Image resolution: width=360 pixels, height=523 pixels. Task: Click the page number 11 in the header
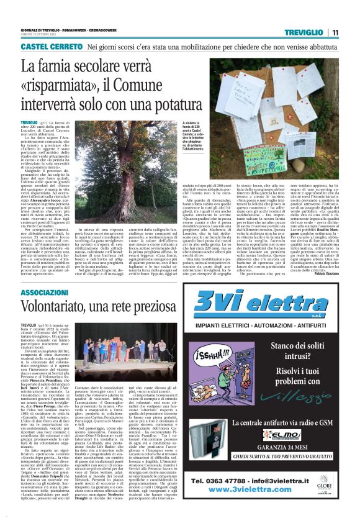click(335, 32)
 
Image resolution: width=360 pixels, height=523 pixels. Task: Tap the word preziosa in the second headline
click(195, 307)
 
